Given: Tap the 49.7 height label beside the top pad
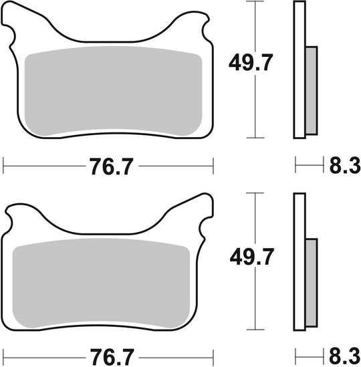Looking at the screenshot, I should pyautogui.click(x=251, y=64).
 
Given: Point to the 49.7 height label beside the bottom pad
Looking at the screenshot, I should pyautogui.click(x=251, y=255).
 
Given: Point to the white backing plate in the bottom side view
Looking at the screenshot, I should pyautogui.click(x=299, y=261).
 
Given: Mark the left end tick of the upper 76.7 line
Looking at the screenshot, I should pyautogui.click(x=4, y=164).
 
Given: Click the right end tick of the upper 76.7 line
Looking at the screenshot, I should pyautogui.click(x=213, y=164).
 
